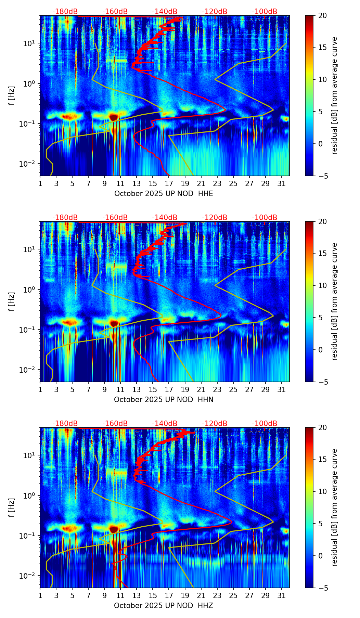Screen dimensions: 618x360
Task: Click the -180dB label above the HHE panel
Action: [x=65, y=12]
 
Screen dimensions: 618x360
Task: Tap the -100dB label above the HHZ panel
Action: [x=265, y=424]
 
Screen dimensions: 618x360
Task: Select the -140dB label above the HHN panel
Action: [x=165, y=218]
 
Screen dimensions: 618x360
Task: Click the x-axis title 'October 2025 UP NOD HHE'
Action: [x=164, y=194]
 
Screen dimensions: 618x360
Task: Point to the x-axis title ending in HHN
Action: [x=164, y=400]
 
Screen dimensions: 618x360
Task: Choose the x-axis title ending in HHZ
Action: [x=164, y=606]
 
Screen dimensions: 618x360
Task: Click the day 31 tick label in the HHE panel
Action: [x=282, y=184]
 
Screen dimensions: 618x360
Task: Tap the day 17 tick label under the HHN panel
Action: [x=169, y=390]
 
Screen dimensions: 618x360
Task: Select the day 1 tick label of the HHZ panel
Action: [x=40, y=596]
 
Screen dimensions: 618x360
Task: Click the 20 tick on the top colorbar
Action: [x=322, y=16]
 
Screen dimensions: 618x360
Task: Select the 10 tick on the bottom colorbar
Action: [x=322, y=491]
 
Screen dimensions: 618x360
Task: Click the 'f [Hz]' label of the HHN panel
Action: [x=12, y=301]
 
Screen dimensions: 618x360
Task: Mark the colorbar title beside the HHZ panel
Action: [x=334, y=507]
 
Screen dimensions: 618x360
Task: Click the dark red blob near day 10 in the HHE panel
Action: [x=114, y=117]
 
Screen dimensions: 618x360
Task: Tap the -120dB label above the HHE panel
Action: [x=215, y=12]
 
